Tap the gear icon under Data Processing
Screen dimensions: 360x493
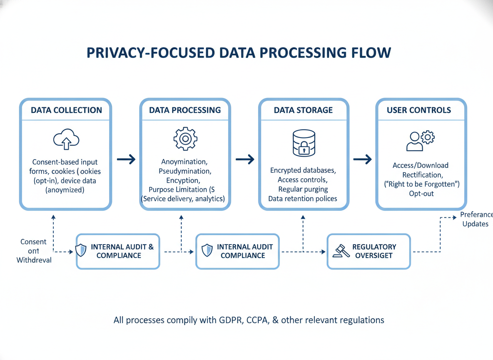pyautogui.click(x=185, y=139)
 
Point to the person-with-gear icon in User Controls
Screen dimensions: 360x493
pyautogui.click(x=420, y=140)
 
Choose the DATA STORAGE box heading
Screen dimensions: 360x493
pyautogui.click(x=303, y=110)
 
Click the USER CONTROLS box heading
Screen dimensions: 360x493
pyautogui.click(x=418, y=110)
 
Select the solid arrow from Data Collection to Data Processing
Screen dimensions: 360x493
pyautogui.click(x=126, y=159)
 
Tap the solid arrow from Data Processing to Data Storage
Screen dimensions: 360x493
pyautogui.click(x=245, y=159)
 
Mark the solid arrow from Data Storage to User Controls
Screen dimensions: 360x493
pyautogui.click(x=362, y=159)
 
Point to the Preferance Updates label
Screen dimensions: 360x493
pyautogui.click(x=476, y=219)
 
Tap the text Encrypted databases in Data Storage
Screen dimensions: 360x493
pyautogui.click(x=303, y=170)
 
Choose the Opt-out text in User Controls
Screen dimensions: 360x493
pyautogui.click(x=421, y=194)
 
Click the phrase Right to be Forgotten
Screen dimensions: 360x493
pyautogui.click(x=421, y=184)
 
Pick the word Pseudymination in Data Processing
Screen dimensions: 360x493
pyautogui.click(x=185, y=171)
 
